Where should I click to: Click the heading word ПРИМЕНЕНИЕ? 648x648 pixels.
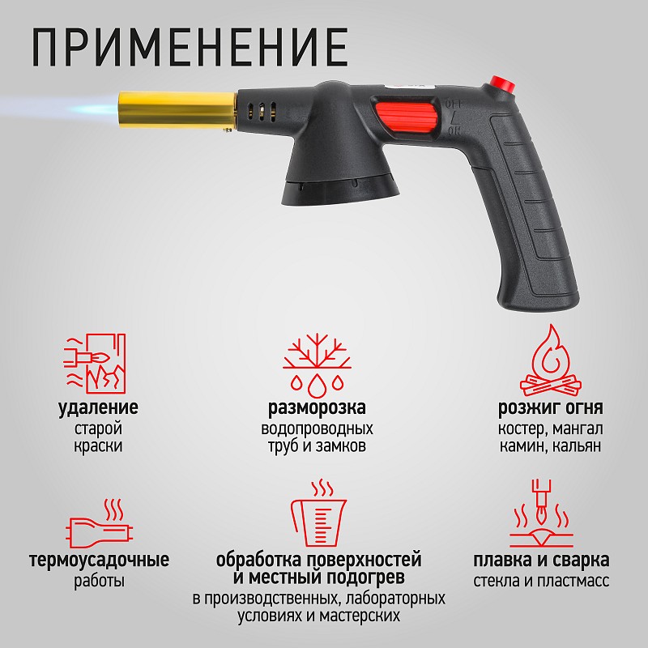click(190, 47)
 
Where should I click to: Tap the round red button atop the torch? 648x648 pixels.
click(502, 85)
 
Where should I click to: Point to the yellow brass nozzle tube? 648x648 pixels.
click(177, 109)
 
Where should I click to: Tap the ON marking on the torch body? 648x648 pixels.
click(454, 132)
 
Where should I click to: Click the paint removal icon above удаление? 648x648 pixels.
click(95, 363)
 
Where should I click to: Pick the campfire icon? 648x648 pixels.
click(551, 360)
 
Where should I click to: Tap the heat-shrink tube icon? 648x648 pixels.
click(99, 523)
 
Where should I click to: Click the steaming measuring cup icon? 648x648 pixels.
click(318, 513)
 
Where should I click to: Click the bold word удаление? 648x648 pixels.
click(98, 407)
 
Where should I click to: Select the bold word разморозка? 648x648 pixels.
click(317, 407)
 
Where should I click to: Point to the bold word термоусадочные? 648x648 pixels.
click(99, 560)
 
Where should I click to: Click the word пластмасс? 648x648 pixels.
click(573, 581)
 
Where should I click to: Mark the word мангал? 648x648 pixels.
click(578, 428)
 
